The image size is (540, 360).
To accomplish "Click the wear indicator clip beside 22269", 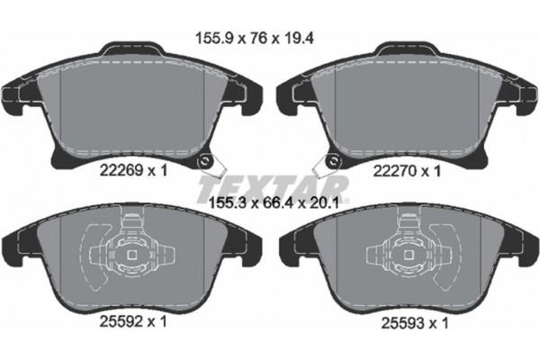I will (x=209, y=164).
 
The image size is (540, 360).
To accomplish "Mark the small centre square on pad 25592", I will (x=134, y=254).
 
